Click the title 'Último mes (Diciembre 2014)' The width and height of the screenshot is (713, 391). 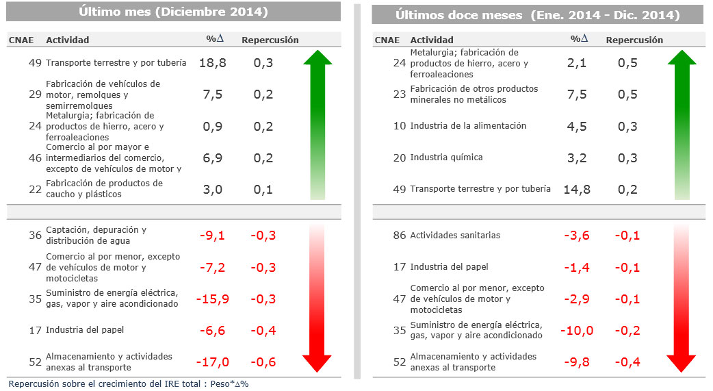pos(172,12)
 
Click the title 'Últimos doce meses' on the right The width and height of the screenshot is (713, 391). pos(537,15)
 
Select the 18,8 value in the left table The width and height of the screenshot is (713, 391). pos(212,63)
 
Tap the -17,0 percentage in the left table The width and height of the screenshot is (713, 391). pos(212,362)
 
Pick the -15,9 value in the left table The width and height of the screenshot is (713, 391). pos(212,299)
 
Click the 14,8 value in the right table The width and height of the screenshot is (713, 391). pos(576,189)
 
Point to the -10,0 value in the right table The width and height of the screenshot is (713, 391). pos(576,331)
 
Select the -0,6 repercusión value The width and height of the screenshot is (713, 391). pos(263,362)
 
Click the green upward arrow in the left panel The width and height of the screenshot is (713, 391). pos(317,123)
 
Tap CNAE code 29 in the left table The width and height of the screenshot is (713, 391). pos(36,94)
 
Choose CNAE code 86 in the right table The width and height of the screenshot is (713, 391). pos(400,236)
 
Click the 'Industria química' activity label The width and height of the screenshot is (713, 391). pos(446,157)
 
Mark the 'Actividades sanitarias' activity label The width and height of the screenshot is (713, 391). pos(455,236)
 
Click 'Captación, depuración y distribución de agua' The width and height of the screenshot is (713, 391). pos(96,236)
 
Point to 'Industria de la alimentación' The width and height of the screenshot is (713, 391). pos(468,126)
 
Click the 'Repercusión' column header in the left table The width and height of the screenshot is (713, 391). pos(270,40)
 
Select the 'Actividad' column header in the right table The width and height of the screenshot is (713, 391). pos(432,40)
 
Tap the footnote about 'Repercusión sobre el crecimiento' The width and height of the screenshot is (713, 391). pos(129,384)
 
